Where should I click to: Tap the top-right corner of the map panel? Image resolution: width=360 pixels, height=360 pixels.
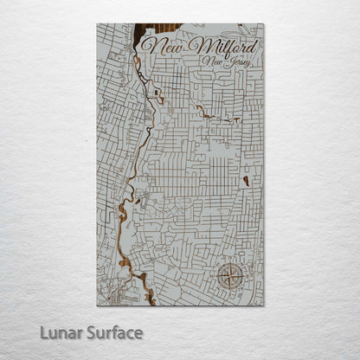pyautogui.click(x=264, y=23)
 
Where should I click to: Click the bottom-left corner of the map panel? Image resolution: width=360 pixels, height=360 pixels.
pyautogui.click(x=97, y=305)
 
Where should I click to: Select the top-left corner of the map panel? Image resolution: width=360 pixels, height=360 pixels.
pyautogui.click(x=97, y=23)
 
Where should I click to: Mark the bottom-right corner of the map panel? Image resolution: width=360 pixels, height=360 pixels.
pyautogui.click(x=264, y=305)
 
